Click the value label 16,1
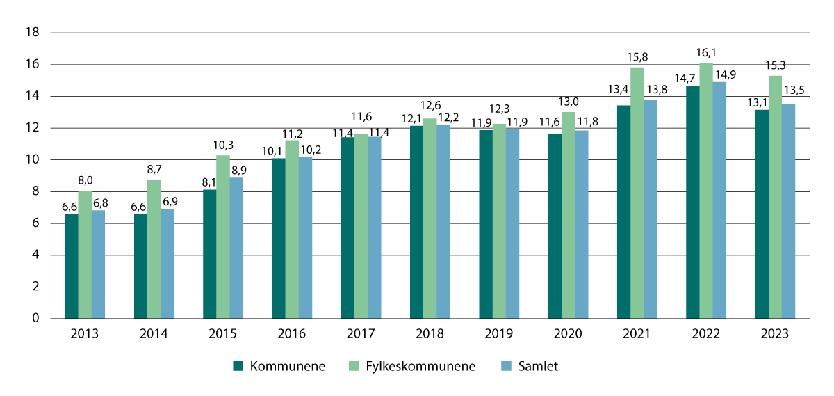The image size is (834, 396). click(707, 53)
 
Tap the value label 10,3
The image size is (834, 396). click(223, 145)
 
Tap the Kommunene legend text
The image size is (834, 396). click(288, 366)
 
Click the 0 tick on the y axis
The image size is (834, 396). click(35, 319)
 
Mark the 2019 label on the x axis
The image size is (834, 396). click(498, 334)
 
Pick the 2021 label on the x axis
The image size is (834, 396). click(637, 334)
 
